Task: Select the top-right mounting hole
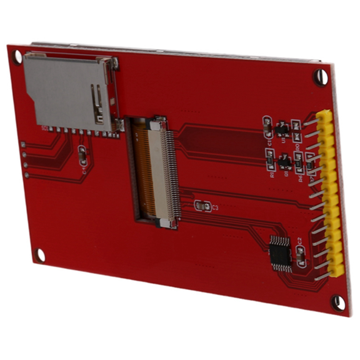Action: click(321, 77)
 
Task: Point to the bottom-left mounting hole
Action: click(41, 255)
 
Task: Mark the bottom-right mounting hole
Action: click(337, 302)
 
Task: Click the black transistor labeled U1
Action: click(282, 129)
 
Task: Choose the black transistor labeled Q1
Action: click(284, 161)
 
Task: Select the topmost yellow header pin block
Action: click(326, 118)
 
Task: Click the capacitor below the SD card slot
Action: click(82, 154)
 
